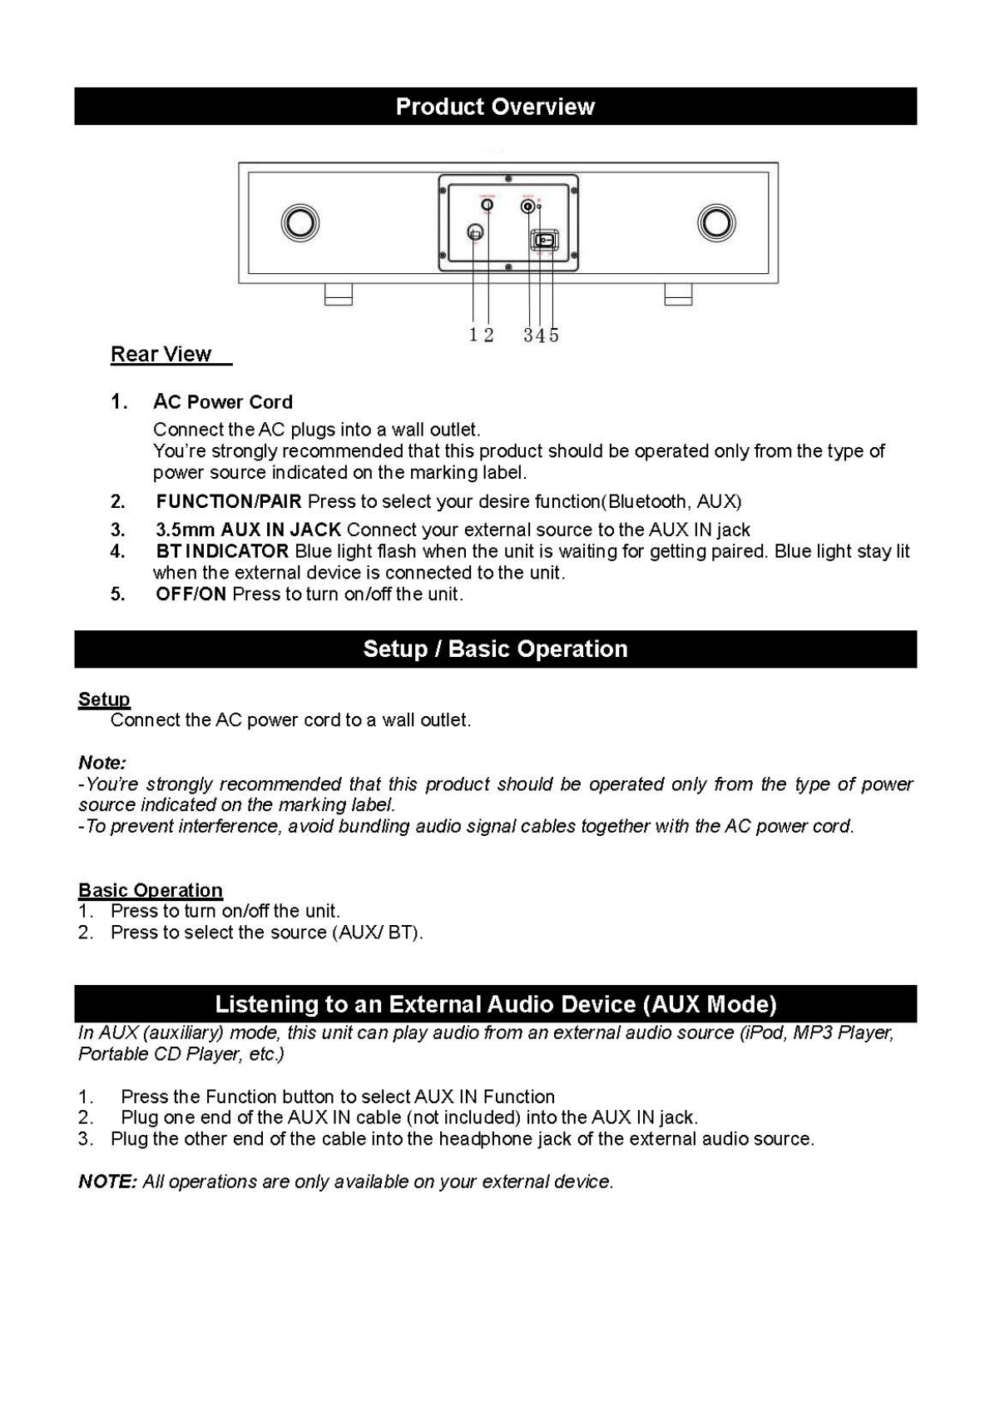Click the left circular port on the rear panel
(x=299, y=222)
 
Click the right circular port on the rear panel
(x=716, y=222)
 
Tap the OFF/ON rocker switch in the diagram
(x=545, y=241)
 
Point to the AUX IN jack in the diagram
(x=528, y=206)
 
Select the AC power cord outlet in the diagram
(x=474, y=233)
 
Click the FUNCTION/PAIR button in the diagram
(x=488, y=205)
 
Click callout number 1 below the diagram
(x=473, y=335)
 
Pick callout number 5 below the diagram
(x=554, y=335)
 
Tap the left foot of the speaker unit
(x=339, y=294)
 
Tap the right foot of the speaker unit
(x=678, y=294)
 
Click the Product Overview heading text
(x=495, y=107)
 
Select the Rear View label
(x=161, y=355)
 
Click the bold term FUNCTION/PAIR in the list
(x=229, y=501)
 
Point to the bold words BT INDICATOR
(x=222, y=551)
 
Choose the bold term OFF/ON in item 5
(x=191, y=594)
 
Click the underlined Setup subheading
(x=104, y=699)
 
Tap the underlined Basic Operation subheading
(x=151, y=890)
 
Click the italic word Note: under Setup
(x=102, y=763)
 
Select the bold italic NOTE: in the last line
(x=107, y=1182)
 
